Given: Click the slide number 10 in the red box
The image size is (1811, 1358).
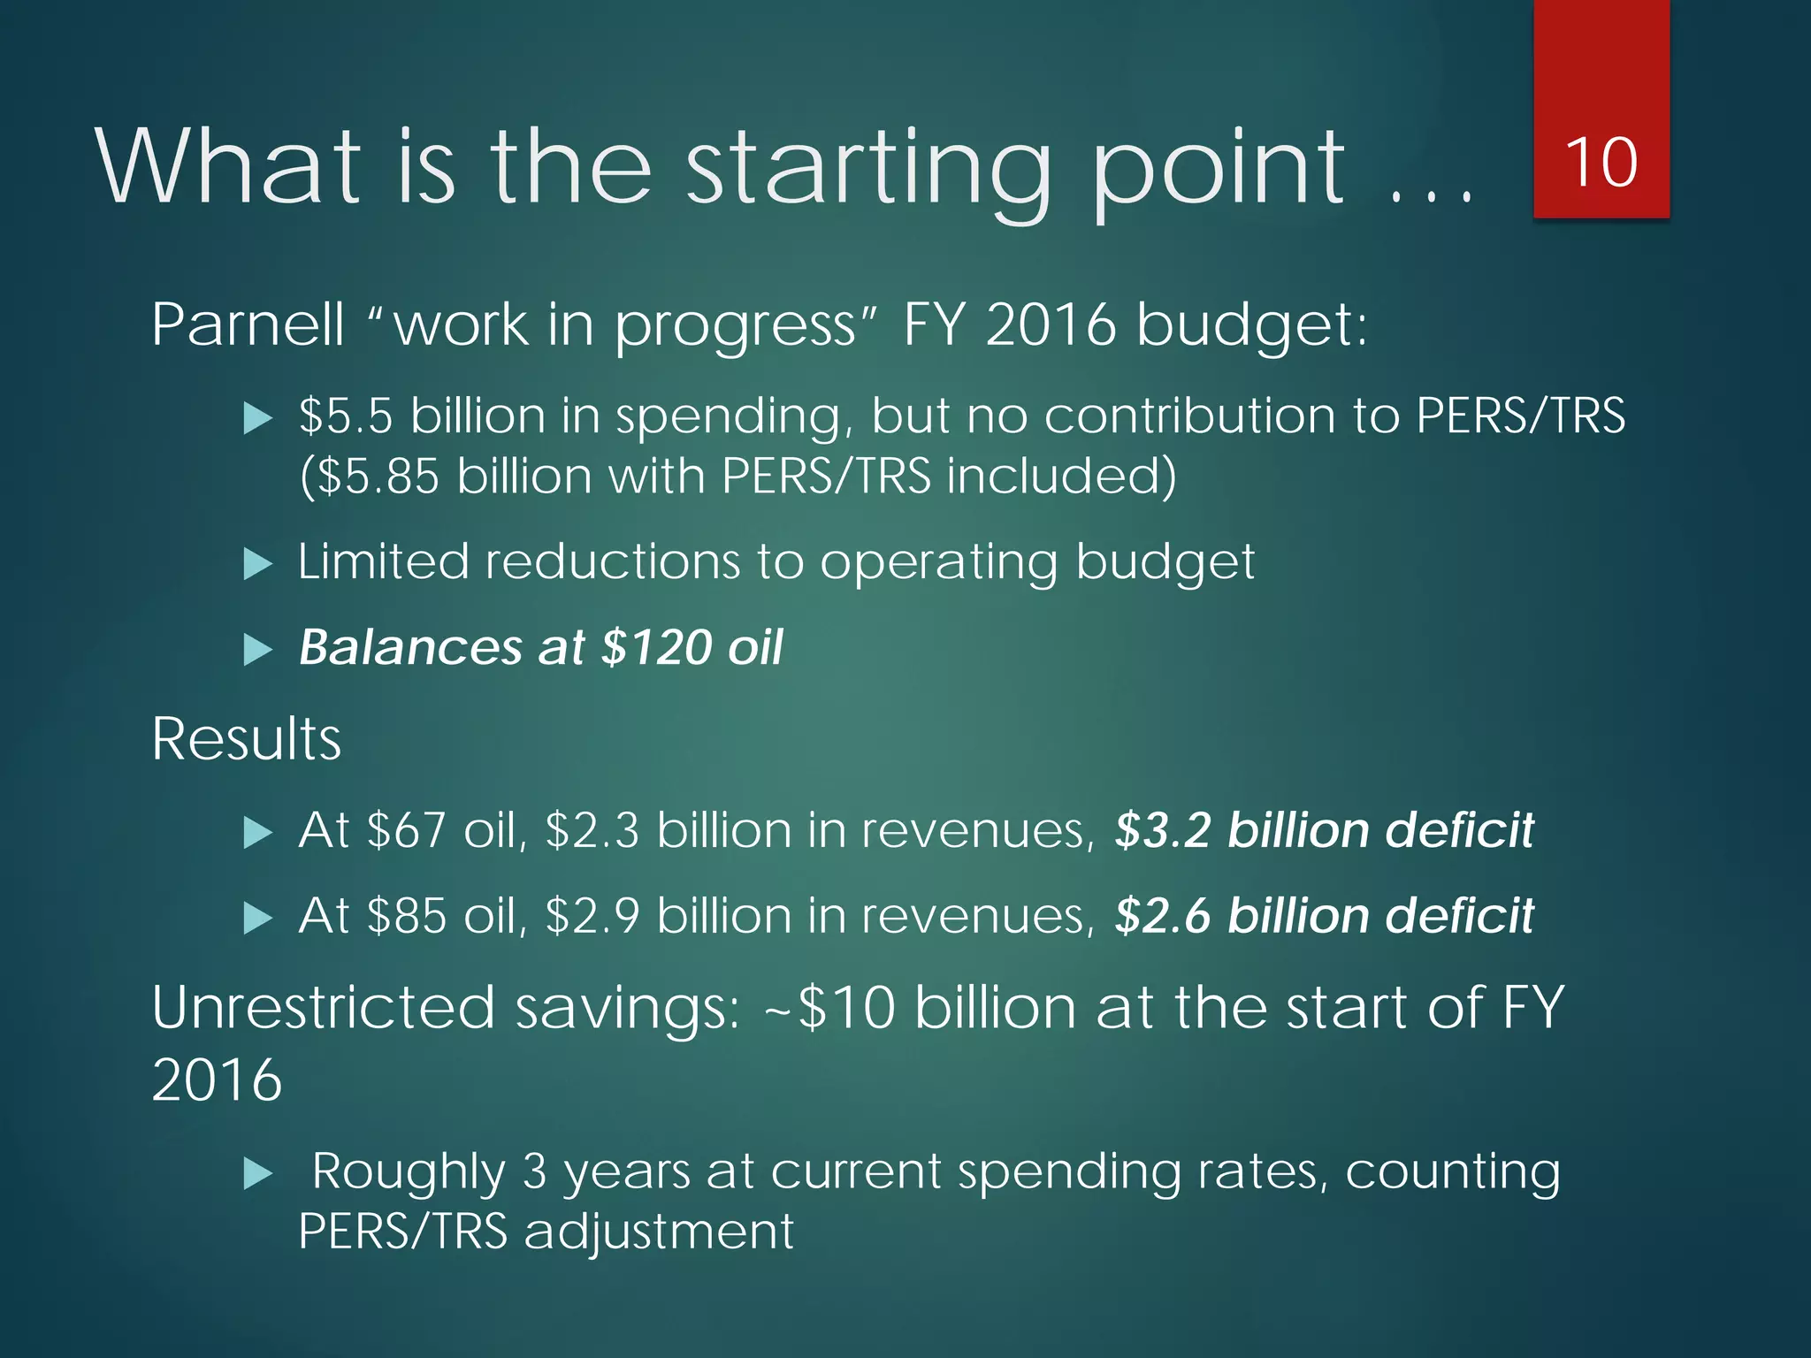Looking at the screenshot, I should click(x=1601, y=164).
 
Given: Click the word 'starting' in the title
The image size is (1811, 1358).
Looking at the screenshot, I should click(x=867, y=168).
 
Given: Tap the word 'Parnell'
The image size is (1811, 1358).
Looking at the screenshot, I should click(x=247, y=325).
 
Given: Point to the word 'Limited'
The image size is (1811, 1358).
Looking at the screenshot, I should click(x=383, y=561).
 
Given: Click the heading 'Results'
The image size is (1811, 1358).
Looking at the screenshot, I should click(x=246, y=739).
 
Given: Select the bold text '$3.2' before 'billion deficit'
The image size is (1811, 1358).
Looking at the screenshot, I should click(x=1162, y=831).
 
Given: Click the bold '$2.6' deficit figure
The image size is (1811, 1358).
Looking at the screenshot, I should click(x=1162, y=916).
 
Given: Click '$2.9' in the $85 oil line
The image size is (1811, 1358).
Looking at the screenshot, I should click(x=592, y=916).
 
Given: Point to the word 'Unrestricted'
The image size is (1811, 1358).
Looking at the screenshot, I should click(x=323, y=1008).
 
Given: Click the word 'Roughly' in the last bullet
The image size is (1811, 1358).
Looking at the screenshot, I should click(x=408, y=1171).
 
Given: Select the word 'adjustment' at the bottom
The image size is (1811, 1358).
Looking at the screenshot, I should click(x=659, y=1232).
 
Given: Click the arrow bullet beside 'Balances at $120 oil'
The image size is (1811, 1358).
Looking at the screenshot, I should click(x=257, y=649).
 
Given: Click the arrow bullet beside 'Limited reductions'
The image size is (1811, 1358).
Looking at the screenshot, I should click(x=257, y=563).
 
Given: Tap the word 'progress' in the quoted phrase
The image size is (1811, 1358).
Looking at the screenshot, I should click(x=735, y=325).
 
